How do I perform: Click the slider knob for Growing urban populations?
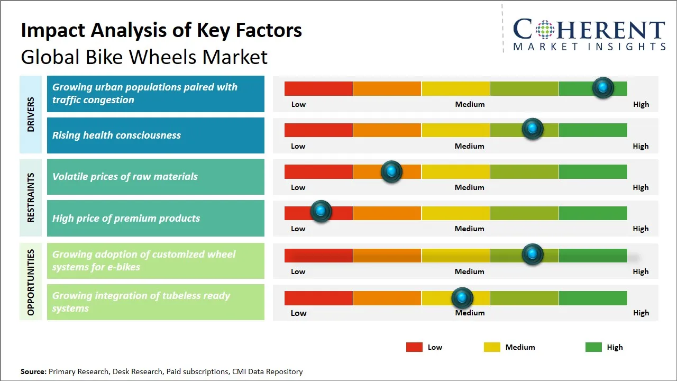[602, 88]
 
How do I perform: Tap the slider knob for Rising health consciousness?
[533, 129]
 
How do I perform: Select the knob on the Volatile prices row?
[391, 171]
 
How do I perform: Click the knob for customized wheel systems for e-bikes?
[533, 255]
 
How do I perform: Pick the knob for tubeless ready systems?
[462, 298]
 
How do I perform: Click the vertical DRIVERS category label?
[31, 114]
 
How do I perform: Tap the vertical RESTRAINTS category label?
[31, 197]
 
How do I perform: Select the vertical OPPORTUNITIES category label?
[31, 282]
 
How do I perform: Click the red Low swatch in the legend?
[414, 347]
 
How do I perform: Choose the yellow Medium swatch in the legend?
[492, 347]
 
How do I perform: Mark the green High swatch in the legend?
[593, 347]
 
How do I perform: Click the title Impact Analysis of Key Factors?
[161, 30]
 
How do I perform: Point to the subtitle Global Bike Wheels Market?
[144, 57]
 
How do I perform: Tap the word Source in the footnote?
[33, 371]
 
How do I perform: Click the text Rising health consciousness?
[116, 135]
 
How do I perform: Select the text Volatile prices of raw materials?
[125, 177]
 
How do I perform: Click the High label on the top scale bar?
[641, 104]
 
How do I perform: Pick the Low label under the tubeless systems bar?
[298, 313]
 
